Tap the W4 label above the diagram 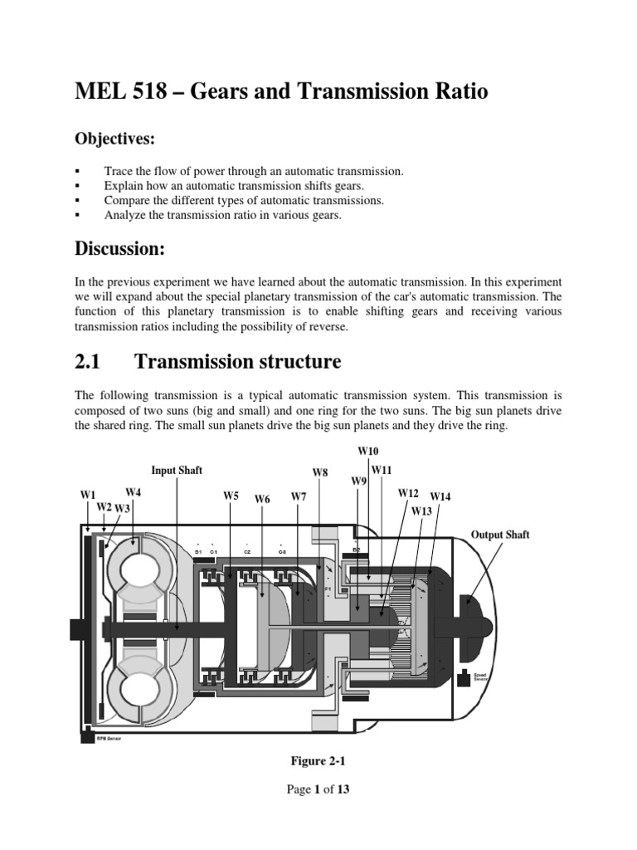coord(134,492)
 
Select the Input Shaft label coord(177,470)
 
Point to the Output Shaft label coord(500,535)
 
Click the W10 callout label coord(368,450)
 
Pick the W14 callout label coord(440,496)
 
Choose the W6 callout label coord(263,499)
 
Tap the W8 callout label coord(320,472)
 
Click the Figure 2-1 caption coord(318,760)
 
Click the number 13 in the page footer coord(343,789)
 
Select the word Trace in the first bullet coord(119,171)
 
